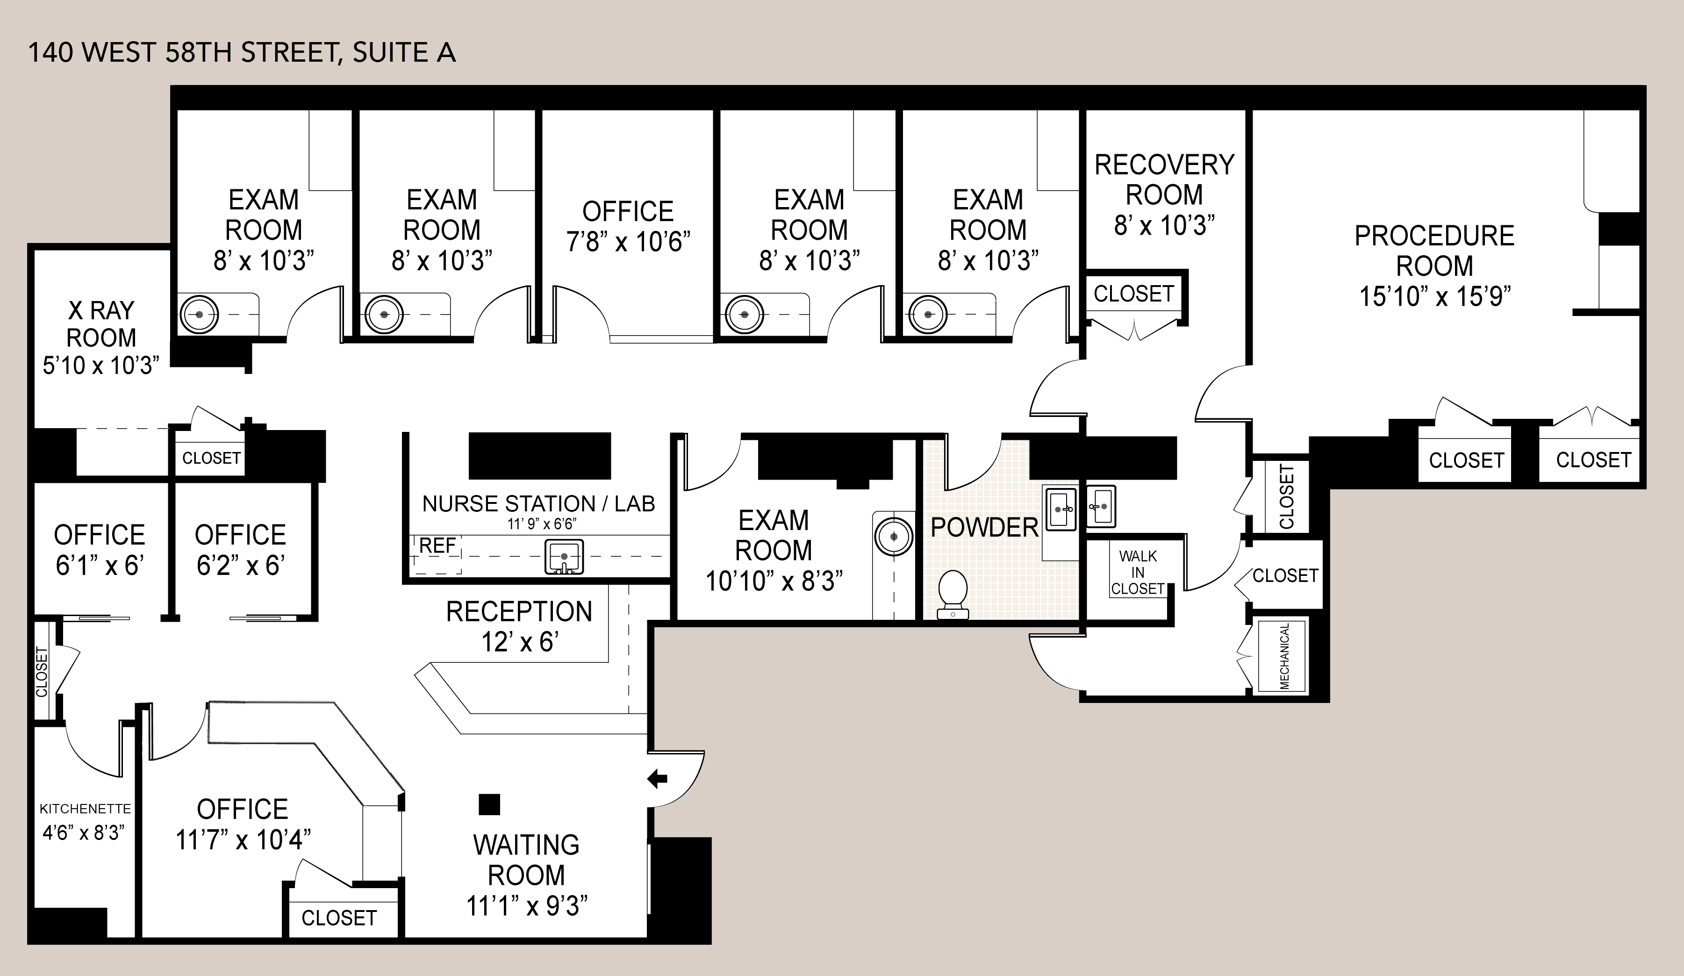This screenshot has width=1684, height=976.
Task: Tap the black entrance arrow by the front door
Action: click(x=658, y=778)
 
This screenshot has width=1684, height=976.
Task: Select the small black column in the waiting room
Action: click(x=489, y=804)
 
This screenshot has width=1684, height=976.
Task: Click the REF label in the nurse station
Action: click(x=437, y=545)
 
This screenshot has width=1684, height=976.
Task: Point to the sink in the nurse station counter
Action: click(x=564, y=557)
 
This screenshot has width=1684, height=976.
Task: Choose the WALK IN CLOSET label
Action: click(x=1138, y=572)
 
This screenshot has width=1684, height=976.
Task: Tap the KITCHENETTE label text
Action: click(x=85, y=809)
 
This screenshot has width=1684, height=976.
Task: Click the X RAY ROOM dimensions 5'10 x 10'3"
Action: click(x=101, y=365)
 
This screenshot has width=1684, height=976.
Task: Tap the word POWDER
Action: click(x=984, y=527)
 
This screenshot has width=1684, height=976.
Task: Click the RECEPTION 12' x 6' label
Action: click(x=519, y=626)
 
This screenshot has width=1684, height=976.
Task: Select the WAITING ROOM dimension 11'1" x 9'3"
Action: click(x=527, y=906)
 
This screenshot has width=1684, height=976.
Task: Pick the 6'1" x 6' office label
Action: click(x=100, y=550)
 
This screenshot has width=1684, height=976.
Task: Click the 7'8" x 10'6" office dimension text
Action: click(x=628, y=241)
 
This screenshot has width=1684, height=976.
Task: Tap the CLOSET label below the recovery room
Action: click(x=1133, y=294)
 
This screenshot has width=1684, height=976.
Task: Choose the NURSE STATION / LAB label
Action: click(x=538, y=503)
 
